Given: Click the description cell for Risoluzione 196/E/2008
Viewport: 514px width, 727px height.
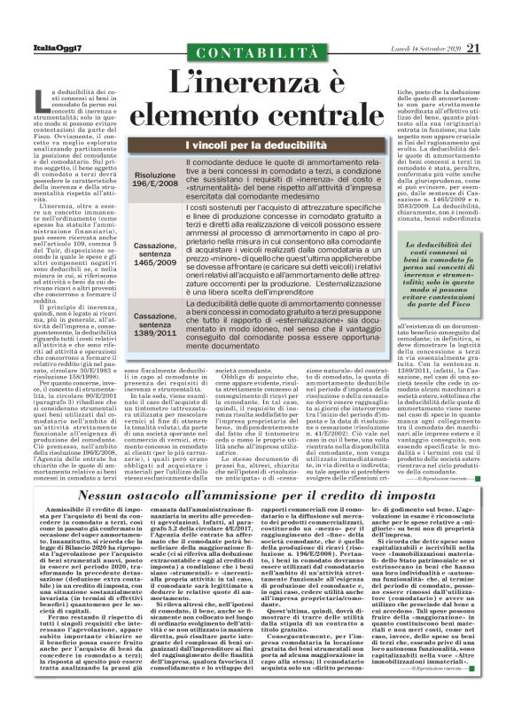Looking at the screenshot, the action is [285, 180].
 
